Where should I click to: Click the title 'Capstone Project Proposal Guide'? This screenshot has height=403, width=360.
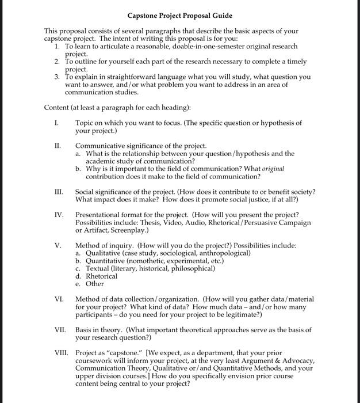click(x=180, y=15)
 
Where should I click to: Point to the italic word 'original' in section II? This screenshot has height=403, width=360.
click(x=273, y=169)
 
